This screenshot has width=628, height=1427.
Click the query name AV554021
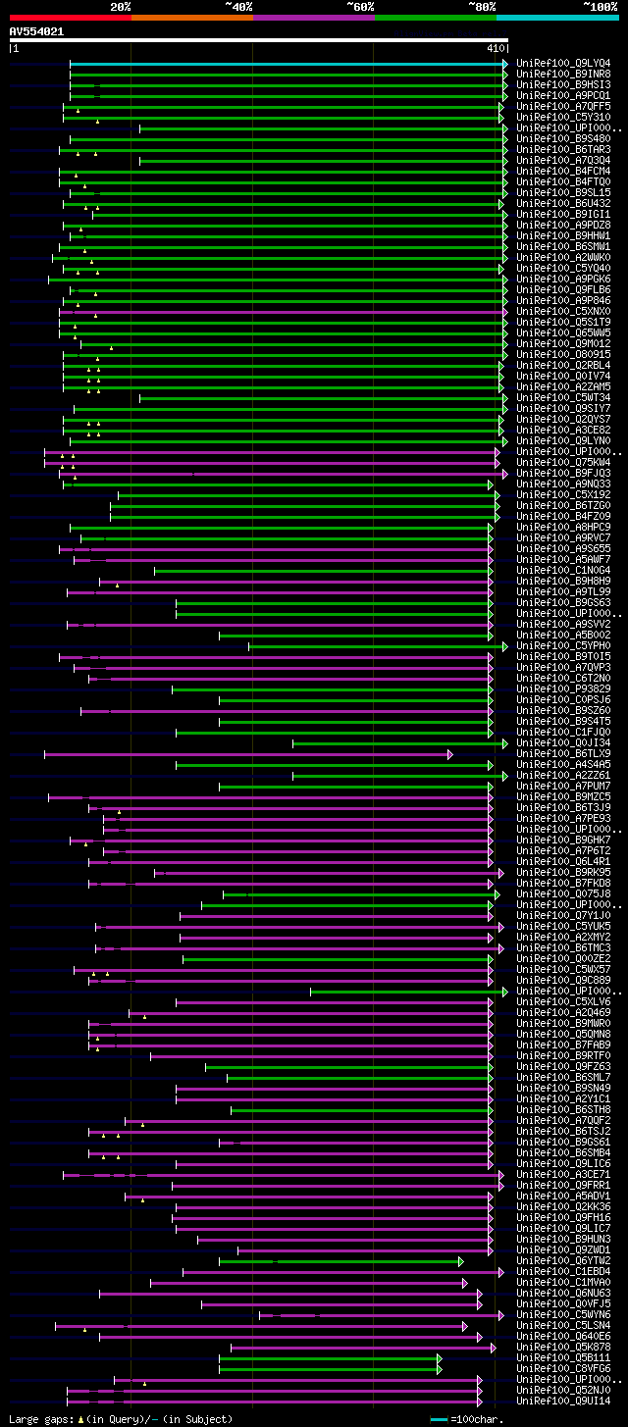click(x=36, y=31)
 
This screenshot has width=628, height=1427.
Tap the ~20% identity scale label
click(x=120, y=6)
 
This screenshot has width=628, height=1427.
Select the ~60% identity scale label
click(x=360, y=6)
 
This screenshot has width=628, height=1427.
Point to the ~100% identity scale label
click(x=600, y=6)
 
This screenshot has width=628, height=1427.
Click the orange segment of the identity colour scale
click(x=191, y=18)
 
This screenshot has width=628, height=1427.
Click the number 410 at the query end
click(x=495, y=47)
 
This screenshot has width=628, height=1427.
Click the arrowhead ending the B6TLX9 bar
click(x=449, y=754)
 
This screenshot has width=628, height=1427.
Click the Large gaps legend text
click(x=120, y=1419)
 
